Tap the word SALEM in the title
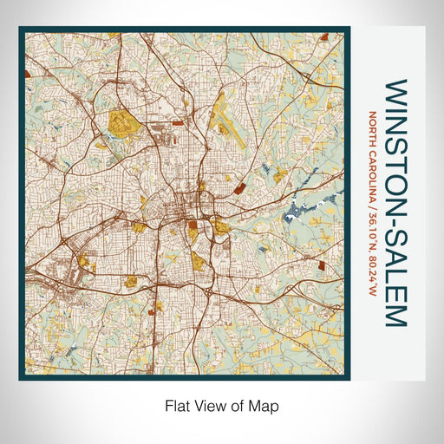[395, 277]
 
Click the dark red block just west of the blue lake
[239, 186]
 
